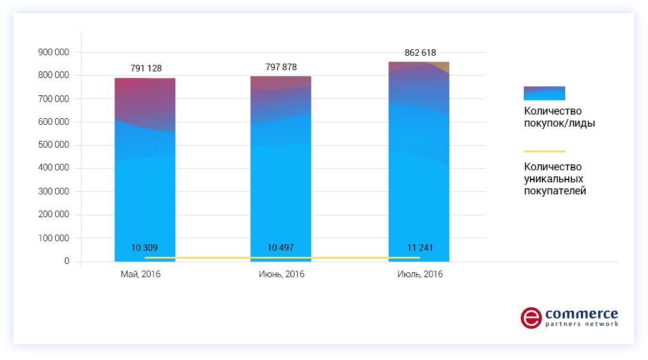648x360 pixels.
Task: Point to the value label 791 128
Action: [146, 68]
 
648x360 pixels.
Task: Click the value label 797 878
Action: [281, 67]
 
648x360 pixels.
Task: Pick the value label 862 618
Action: [420, 53]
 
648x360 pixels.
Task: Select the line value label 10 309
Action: [145, 248]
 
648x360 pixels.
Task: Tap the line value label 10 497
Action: [281, 248]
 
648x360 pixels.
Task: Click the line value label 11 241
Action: [419, 248]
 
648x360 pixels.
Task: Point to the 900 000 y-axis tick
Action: [53, 52]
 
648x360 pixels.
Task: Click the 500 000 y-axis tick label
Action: [53, 145]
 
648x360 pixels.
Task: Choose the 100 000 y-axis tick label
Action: [53, 238]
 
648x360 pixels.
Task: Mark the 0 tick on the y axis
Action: [67, 262]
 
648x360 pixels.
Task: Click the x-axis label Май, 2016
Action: [140, 275]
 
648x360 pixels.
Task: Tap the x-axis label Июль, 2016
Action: [420, 275]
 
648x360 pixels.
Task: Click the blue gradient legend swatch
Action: [544, 93]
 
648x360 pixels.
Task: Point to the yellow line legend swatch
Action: [544, 151]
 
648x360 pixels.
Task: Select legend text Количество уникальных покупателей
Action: [554, 179]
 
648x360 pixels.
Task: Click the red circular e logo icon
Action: [531, 318]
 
